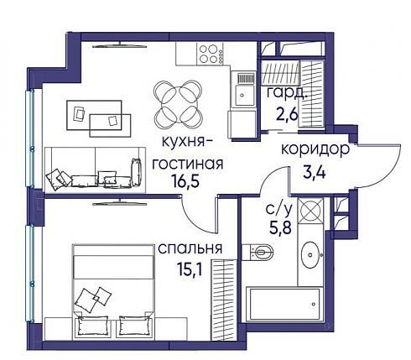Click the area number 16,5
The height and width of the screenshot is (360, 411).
click(x=185, y=181)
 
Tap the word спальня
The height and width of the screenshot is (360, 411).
click(x=190, y=248)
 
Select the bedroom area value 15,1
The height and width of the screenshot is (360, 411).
click(x=190, y=269)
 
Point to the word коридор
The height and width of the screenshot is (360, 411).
click(x=315, y=150)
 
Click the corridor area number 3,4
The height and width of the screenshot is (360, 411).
click(x=315, y=172)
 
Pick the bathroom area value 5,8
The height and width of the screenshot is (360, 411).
click(x=280, y=227)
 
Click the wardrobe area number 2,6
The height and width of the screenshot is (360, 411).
click(x=288, y=114)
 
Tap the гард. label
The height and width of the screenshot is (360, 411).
click(x=287, y=93)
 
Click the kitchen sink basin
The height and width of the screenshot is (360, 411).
click(x=245, y=95)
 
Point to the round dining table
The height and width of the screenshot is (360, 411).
click(x=178, y=105)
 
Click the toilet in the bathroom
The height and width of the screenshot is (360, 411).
click(x=258, y=252)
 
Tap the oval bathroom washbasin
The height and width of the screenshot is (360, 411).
click(x=310, y=255)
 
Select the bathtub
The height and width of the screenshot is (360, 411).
click(x=284, y=304)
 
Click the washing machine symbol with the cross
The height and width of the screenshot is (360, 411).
click(x=310, y=211)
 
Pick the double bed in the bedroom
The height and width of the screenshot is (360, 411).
click(x=113, y=292)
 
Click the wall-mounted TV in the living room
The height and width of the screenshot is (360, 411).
click(x=120, y=45)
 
